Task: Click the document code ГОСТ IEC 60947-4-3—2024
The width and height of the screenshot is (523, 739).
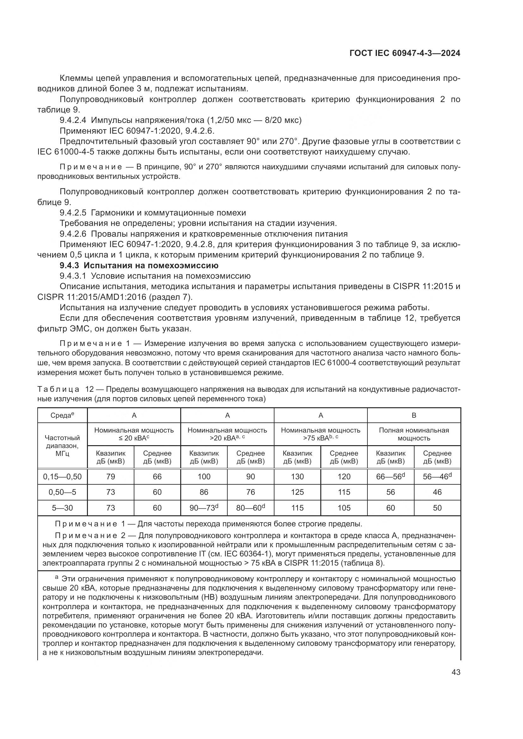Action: (x=404, y=53)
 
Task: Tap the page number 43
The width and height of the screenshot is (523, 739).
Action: (x=456, y=672)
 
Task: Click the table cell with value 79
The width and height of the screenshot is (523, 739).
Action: (x=110, y=477)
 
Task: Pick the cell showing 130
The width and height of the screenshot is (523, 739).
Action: (x=297, y=477)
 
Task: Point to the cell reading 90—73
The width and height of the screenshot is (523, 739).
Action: (x=204, y=508)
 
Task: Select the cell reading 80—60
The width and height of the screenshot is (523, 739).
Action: (x=250, y=508)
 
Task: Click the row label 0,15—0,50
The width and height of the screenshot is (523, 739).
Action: (x=63, y=477)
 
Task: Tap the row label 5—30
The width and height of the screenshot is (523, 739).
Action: (x=63, y=508)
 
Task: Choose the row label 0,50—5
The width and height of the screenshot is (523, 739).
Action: (x=63, y=492)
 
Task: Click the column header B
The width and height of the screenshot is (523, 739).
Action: (x=414, y=415)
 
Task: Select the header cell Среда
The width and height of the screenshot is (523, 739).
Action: (x=62, y=415)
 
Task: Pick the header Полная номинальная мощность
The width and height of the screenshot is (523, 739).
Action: (x=414, y=434)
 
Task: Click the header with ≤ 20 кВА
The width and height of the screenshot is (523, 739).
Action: (x=134, y=434)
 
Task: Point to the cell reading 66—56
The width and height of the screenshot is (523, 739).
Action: (x=390, y=477)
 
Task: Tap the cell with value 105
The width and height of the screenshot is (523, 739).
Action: (x=344, y=508)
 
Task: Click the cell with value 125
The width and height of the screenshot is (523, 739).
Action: (x=297, y=492)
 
